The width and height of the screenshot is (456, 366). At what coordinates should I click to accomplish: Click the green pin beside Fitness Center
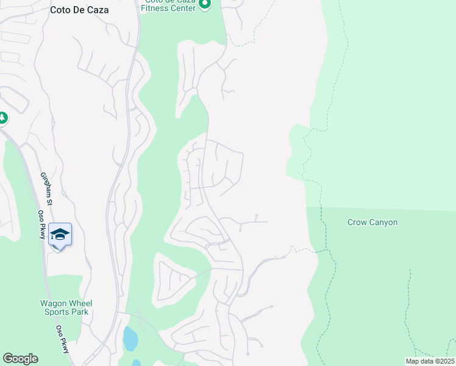tap(205, 4)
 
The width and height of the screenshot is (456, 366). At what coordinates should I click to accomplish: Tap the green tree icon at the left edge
tap(2, 117)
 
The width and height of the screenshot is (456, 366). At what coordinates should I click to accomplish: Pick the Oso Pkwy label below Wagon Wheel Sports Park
tap(63, 338)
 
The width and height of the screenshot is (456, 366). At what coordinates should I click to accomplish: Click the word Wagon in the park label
tap(53, 303)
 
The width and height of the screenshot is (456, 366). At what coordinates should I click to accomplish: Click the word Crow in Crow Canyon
tap(357, 223)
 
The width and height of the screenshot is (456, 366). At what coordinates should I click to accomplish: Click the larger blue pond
tap(130, 339)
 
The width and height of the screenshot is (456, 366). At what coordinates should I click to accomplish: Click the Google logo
tap(20, 359)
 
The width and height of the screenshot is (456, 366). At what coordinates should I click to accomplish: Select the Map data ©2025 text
tap(429, 361)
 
